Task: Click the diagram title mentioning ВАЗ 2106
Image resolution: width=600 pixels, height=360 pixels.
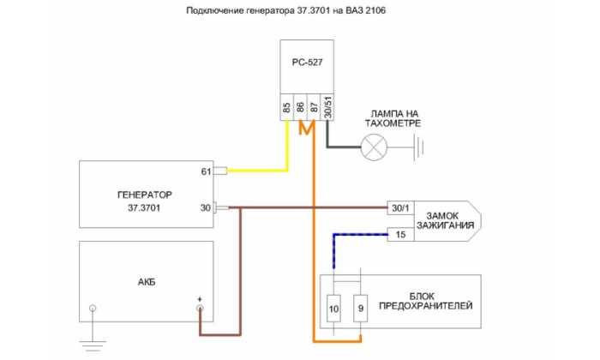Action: tap(285, 10)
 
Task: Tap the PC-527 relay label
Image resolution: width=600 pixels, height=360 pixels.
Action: tap(307, 63)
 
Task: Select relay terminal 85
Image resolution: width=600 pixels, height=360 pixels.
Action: tap(286, 107)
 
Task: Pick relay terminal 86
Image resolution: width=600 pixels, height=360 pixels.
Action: tap(300, 107)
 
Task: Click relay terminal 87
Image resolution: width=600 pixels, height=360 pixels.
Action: tap(314, 107)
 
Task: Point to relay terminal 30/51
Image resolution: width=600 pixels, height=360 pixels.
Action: tap(327, 107)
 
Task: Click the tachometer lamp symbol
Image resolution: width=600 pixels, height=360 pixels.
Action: tap(374, 147)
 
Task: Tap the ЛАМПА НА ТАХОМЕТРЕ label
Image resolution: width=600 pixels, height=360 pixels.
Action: tap(393, 118)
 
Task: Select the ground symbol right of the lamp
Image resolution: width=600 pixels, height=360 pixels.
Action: tap(419, 147)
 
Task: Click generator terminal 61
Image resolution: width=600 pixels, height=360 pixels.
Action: tap(207, 171)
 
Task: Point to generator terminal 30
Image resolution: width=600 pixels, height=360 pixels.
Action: tap(206, 207)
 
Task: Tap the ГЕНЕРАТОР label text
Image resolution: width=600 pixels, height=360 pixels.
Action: tap(145, 195)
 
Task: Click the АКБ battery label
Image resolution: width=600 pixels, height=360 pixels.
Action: tap(147, 282)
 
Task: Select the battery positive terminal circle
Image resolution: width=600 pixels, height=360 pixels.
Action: tap(200, 309)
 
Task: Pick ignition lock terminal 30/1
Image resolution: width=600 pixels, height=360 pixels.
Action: tap(400, 207)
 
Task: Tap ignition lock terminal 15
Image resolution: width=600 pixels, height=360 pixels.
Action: tap(400, 234)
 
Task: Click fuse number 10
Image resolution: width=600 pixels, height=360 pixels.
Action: tap(333, 309)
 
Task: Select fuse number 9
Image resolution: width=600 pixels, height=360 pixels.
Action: tap(361, 309)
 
